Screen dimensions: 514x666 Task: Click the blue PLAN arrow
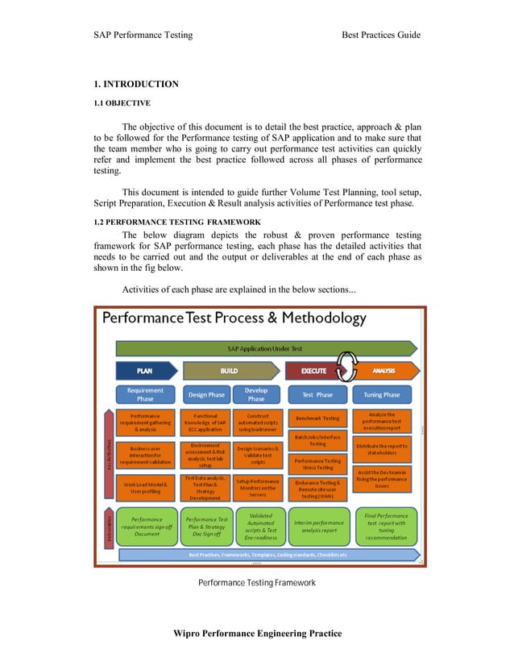pos(145,371)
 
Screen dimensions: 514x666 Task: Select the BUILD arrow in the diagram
pos(230,371)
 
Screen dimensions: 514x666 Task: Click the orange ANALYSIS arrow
pos(385,371)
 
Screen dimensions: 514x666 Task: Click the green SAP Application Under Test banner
pos(266,348)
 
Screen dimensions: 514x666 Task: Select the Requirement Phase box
pos(146,394)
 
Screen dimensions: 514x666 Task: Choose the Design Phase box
pos(206,394)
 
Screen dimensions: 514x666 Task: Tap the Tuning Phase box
pos(381,394)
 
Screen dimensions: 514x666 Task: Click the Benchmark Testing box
pos(317,418)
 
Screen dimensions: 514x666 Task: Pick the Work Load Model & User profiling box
pos(146,488)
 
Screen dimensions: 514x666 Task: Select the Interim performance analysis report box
pos(318,525)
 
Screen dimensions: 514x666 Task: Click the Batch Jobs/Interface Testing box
pos(317,439)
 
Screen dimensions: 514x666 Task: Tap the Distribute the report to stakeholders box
pos(382,449)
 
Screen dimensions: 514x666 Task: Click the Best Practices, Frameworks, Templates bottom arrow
pos(268,555)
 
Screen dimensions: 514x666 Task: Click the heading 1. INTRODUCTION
pos(136,84)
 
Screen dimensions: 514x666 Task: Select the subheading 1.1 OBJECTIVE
pos(122,102)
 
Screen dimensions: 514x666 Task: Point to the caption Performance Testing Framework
pos(257,582)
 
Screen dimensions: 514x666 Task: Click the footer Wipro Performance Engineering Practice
pos(257,633)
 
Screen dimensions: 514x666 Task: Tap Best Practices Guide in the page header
pos(381,35)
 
